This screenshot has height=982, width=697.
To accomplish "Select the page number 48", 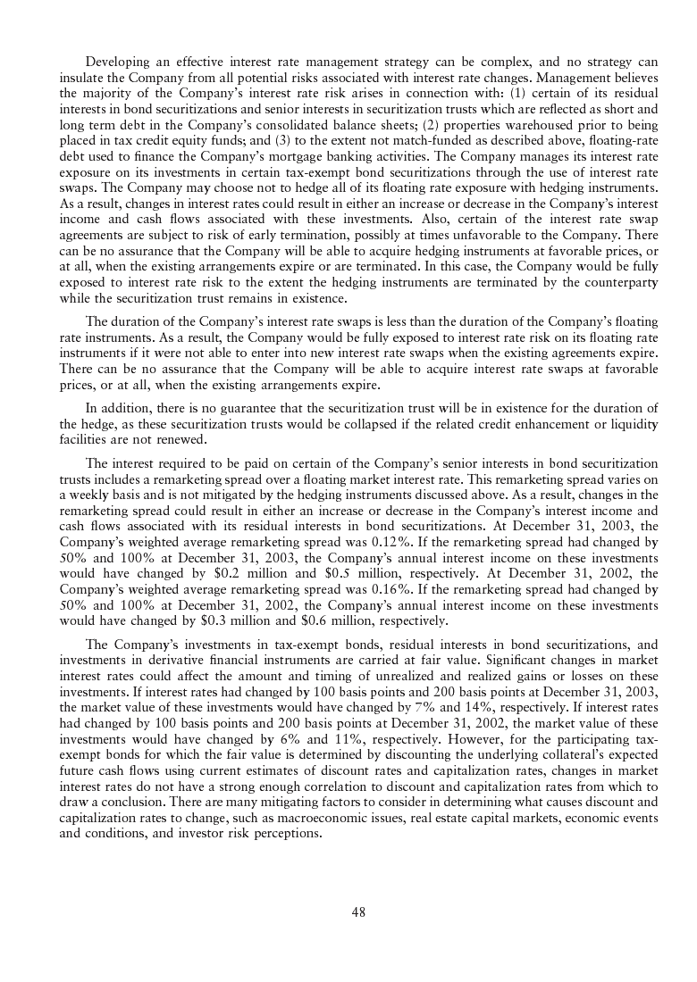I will click(358, 911).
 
